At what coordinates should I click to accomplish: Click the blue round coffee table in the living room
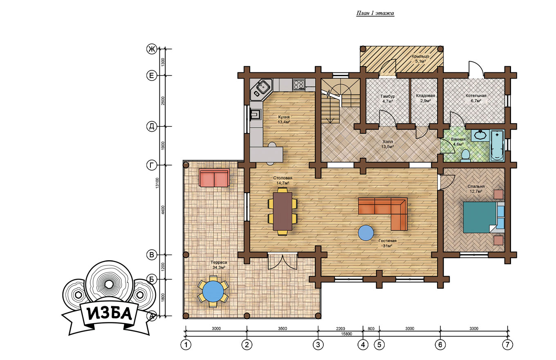click(365, 233)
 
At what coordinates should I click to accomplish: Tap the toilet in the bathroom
click(465, 155)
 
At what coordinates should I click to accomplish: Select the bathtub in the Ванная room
click(497, 145)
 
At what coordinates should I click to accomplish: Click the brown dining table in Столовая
click(282, 211)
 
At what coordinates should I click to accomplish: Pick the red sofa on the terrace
click(214, 178)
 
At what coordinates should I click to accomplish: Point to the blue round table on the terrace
click(213, 291)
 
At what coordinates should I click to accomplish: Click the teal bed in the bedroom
click(480, 217)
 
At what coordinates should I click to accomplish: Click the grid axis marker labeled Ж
click(151, 49)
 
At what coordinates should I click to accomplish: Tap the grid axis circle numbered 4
click(363, 345)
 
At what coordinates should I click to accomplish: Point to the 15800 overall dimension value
click(346, 334)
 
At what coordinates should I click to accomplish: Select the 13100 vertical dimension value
click(157, 183)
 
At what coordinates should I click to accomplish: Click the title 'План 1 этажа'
click(375, 13)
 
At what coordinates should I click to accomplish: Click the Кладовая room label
click(426, 96)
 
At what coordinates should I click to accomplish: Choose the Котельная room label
click(476, 96)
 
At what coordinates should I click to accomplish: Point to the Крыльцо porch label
click(420, 56)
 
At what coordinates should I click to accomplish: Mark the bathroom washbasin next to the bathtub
click(480, 135)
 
